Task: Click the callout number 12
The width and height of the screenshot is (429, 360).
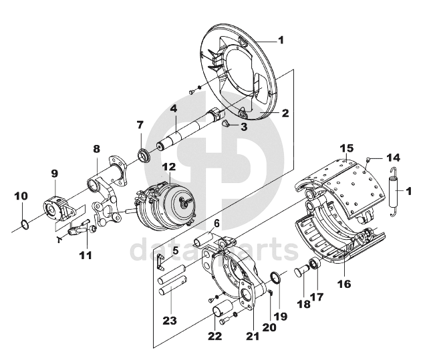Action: point(168,166)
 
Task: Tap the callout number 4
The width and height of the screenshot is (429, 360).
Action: point(173,108)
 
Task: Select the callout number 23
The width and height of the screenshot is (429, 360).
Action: point(169,321)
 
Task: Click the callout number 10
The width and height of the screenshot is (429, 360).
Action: point(21,196)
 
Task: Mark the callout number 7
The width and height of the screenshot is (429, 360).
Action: point(140,125)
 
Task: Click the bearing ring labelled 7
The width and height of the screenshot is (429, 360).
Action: point(142,156)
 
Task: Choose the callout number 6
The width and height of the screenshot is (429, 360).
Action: point(216,223)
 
